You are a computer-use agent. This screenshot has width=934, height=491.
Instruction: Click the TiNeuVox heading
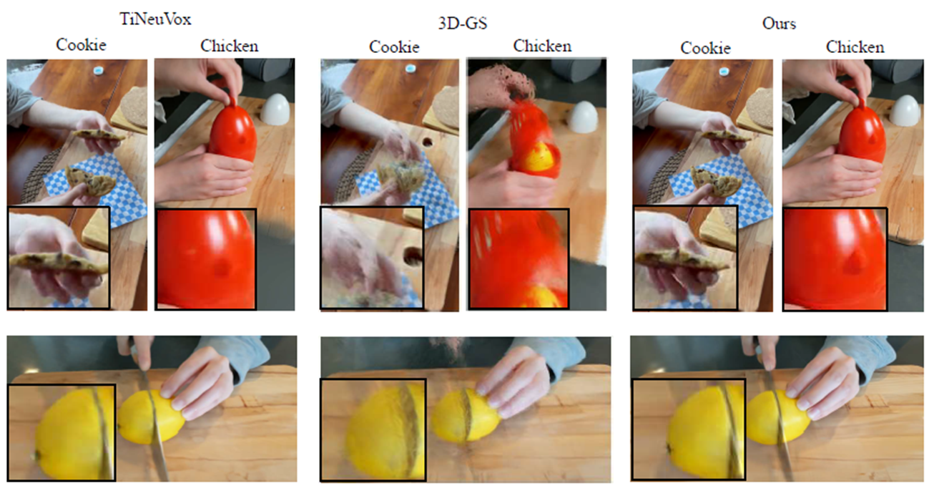155,19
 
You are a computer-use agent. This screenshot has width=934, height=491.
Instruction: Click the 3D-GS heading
463,24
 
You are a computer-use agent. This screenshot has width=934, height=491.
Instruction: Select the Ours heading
779,24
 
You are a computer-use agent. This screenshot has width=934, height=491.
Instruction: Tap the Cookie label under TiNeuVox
81,44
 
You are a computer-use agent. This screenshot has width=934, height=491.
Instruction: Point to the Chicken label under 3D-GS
542,46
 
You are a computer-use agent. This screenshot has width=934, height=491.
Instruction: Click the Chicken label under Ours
855,47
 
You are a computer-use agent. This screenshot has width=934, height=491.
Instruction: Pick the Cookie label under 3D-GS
394,47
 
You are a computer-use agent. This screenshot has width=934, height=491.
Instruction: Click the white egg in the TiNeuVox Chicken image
275,110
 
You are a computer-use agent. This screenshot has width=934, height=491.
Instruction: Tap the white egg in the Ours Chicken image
905,110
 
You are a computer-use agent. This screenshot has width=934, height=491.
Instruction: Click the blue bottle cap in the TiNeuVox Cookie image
99,70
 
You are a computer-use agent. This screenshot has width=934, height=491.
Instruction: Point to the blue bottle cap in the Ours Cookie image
724,72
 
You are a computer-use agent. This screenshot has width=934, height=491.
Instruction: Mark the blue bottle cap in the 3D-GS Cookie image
411,67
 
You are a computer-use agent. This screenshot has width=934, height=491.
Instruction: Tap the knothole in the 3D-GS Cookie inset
413,256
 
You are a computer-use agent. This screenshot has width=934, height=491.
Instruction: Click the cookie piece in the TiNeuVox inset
59,263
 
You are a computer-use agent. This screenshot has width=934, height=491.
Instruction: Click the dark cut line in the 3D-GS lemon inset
410,429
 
